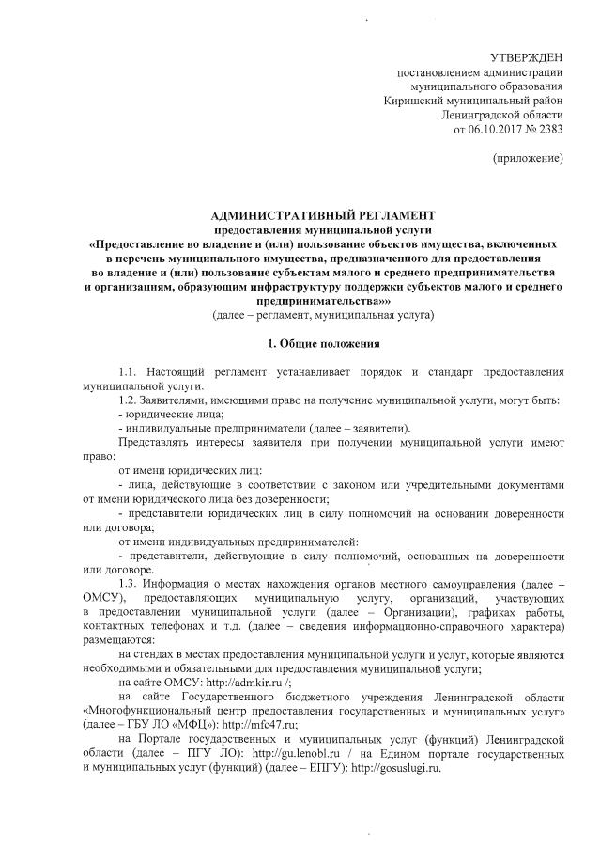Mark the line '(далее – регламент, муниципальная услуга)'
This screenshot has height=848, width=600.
[x=323, y=313]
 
